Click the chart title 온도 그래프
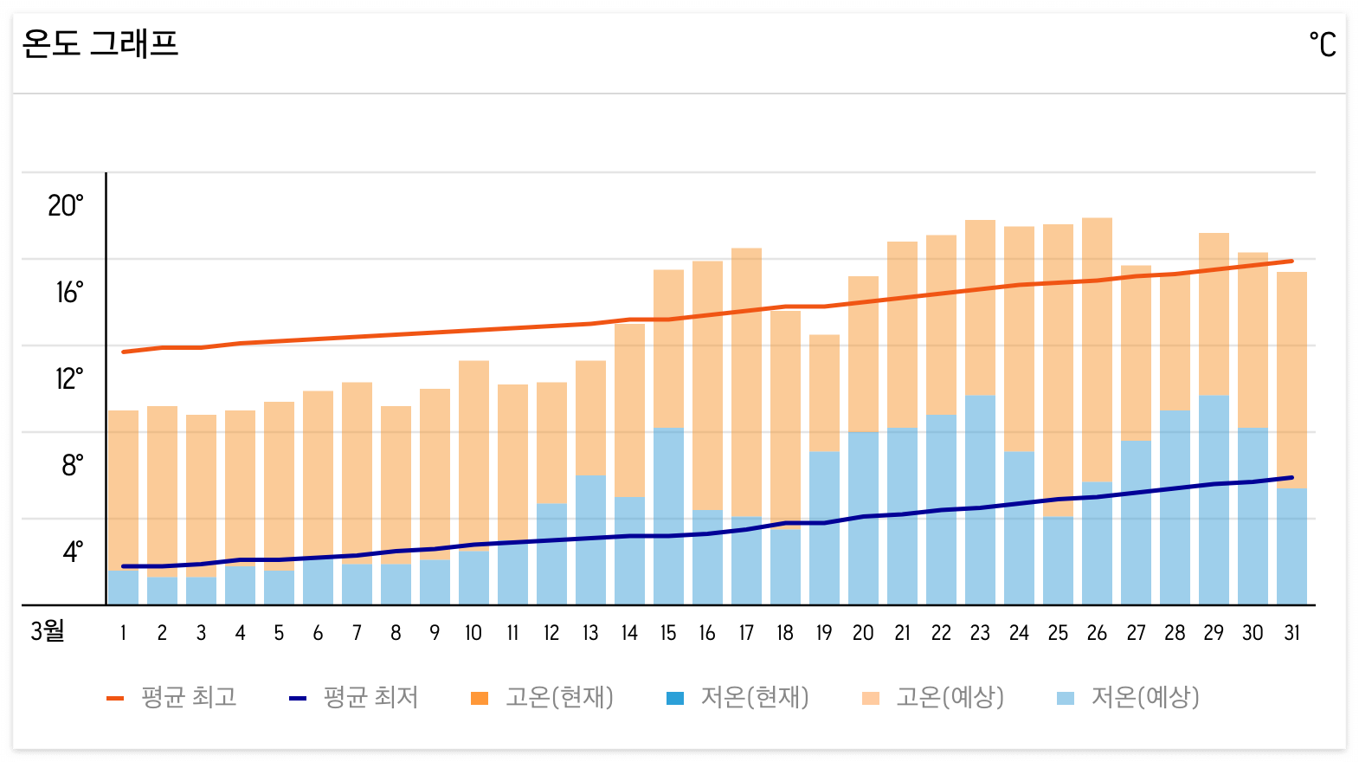[x=100, y=43]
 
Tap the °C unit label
[x=1322, y=44]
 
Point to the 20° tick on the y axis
[x=66, y=206]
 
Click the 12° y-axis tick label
[x=69, y=379]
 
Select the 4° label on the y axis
[x=73, y=552]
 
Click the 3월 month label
[x=48, y=631]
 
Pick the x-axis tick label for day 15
[x=668, y=634]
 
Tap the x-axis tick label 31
[x=1291, y=634]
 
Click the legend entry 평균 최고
[x=172, y=698]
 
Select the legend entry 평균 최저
[x=354, y=698]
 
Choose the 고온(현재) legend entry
[x=543, y=698]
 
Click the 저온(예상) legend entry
[x=1129, y=698]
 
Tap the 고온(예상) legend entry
[x=934, y=698]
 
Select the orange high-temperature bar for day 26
[x=1097, y=346]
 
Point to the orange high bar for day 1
[x=123, y=485]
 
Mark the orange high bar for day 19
[x=824, y=390]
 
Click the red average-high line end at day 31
[x=1291, y=261]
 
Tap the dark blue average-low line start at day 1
[x=124, y=566]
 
